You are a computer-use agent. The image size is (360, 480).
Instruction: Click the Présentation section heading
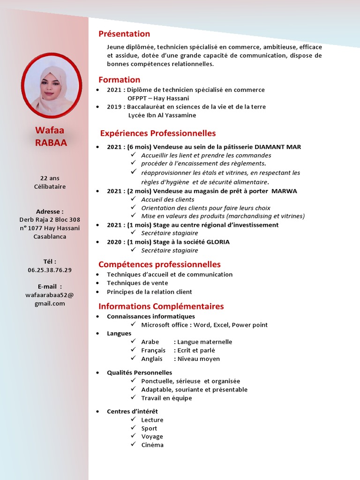coord(124,34)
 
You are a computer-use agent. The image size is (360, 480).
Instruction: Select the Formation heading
coord(119,80)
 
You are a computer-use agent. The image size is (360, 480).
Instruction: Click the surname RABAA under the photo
coord(51,143)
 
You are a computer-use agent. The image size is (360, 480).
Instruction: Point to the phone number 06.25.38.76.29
coord(50,270)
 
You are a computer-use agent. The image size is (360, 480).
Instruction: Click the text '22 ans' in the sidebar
coord(50,178)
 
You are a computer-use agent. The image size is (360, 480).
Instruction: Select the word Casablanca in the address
coord(50,237)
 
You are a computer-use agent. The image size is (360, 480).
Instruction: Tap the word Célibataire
coord(50,187)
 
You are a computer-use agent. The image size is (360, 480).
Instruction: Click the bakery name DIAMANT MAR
coord(275,147)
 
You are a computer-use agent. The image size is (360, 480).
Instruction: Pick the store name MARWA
coord(284,191)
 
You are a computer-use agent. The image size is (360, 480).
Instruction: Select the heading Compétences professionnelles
coord(159,264)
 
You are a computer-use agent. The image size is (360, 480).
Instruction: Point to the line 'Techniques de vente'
coord(137,283)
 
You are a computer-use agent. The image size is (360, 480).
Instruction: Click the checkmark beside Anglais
coord(134,359)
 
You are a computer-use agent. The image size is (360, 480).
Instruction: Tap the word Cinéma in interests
coord(152,445)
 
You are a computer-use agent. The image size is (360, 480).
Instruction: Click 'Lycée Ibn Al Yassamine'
coord(162,115)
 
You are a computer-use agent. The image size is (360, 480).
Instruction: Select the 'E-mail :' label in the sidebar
coord(50,286)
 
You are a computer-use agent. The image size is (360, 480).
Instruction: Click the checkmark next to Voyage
coord(134,436)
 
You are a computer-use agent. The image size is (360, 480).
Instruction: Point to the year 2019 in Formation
coord(114,107)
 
